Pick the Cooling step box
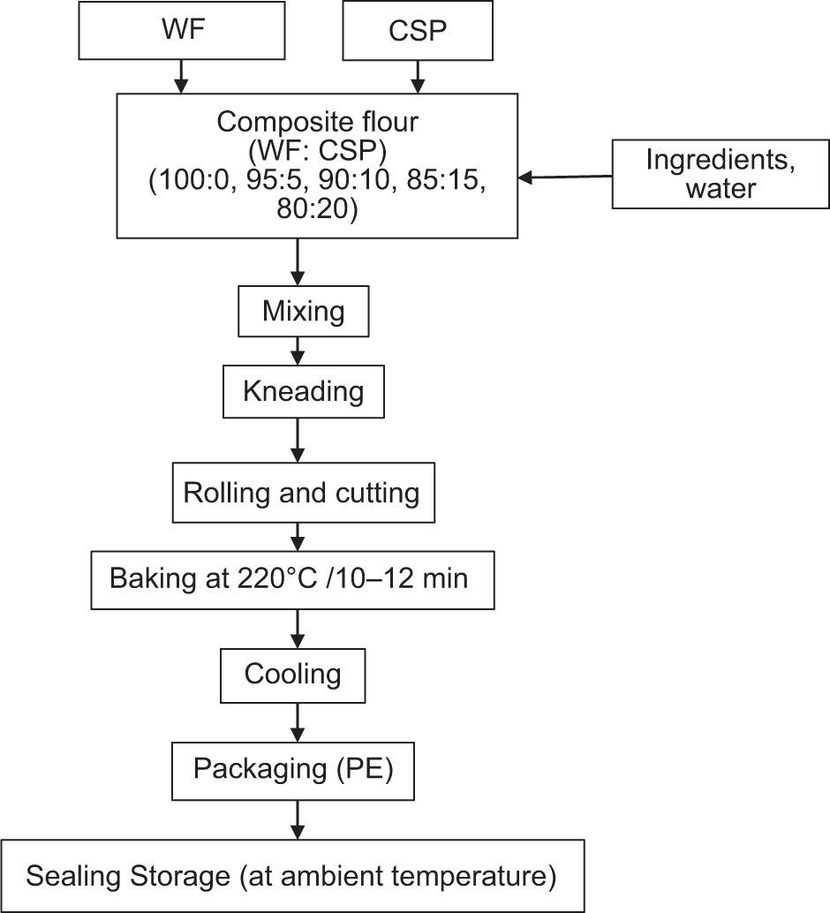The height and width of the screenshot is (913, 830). [x=292, y=675]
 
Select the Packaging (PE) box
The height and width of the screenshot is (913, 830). [x=293, y=769]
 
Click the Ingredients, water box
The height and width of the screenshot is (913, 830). [x=721, y=176]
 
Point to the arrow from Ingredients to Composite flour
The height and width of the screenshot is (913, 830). [x=565, y=177]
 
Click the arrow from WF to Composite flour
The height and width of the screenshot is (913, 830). [x=180, y=76]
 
